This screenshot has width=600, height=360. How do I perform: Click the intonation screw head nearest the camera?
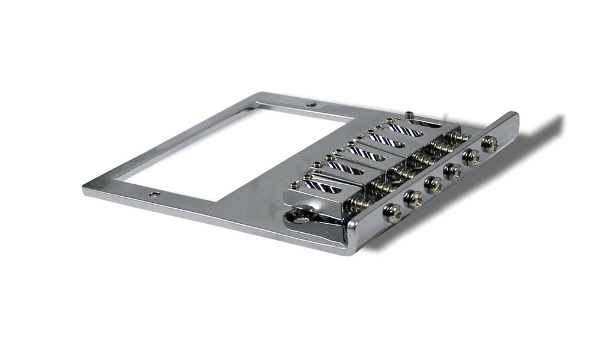(394, 212)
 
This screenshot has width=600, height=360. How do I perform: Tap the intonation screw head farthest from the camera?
(490, 144)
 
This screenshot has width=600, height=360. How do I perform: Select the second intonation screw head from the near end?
(413, 198)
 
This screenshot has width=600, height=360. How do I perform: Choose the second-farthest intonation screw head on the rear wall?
(471, 157)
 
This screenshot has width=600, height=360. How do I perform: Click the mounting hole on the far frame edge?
(311, 104)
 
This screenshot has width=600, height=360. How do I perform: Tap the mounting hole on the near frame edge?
(155, 194)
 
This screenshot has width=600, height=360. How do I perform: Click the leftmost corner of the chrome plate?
(84, 191)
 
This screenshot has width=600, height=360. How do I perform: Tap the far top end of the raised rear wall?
(515, 114)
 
